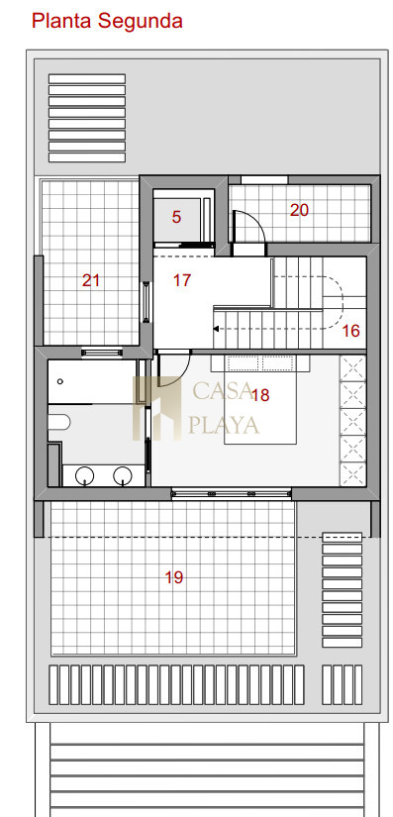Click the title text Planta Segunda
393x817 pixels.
[107, 22]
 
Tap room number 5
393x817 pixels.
[176, 217]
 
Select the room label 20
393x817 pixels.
[299, 211]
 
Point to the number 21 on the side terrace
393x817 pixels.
[90, 280]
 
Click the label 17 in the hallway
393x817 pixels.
[182, 280]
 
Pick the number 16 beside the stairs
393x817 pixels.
[351, 331]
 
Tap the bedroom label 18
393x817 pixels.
[260, 395]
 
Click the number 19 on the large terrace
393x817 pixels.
[174, 577]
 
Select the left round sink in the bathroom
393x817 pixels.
[85, 475]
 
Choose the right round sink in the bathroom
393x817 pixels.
[123, 475]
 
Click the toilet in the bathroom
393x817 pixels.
[58, 422]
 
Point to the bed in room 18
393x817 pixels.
[260, 400]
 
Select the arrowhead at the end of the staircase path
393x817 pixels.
[217, 330]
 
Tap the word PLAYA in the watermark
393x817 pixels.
[224, 426]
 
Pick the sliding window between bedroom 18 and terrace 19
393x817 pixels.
[231, 493]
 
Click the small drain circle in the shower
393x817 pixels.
[59, 381]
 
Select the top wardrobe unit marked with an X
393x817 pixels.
[353, 367]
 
